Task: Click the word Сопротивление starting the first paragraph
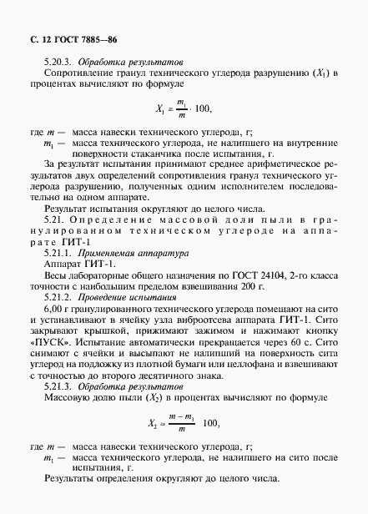(73, 75)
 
